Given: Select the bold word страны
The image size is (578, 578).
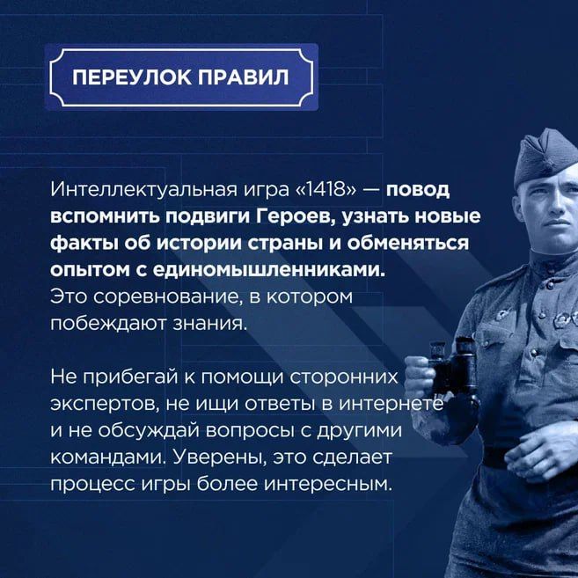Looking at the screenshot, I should tap(314, 242).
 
